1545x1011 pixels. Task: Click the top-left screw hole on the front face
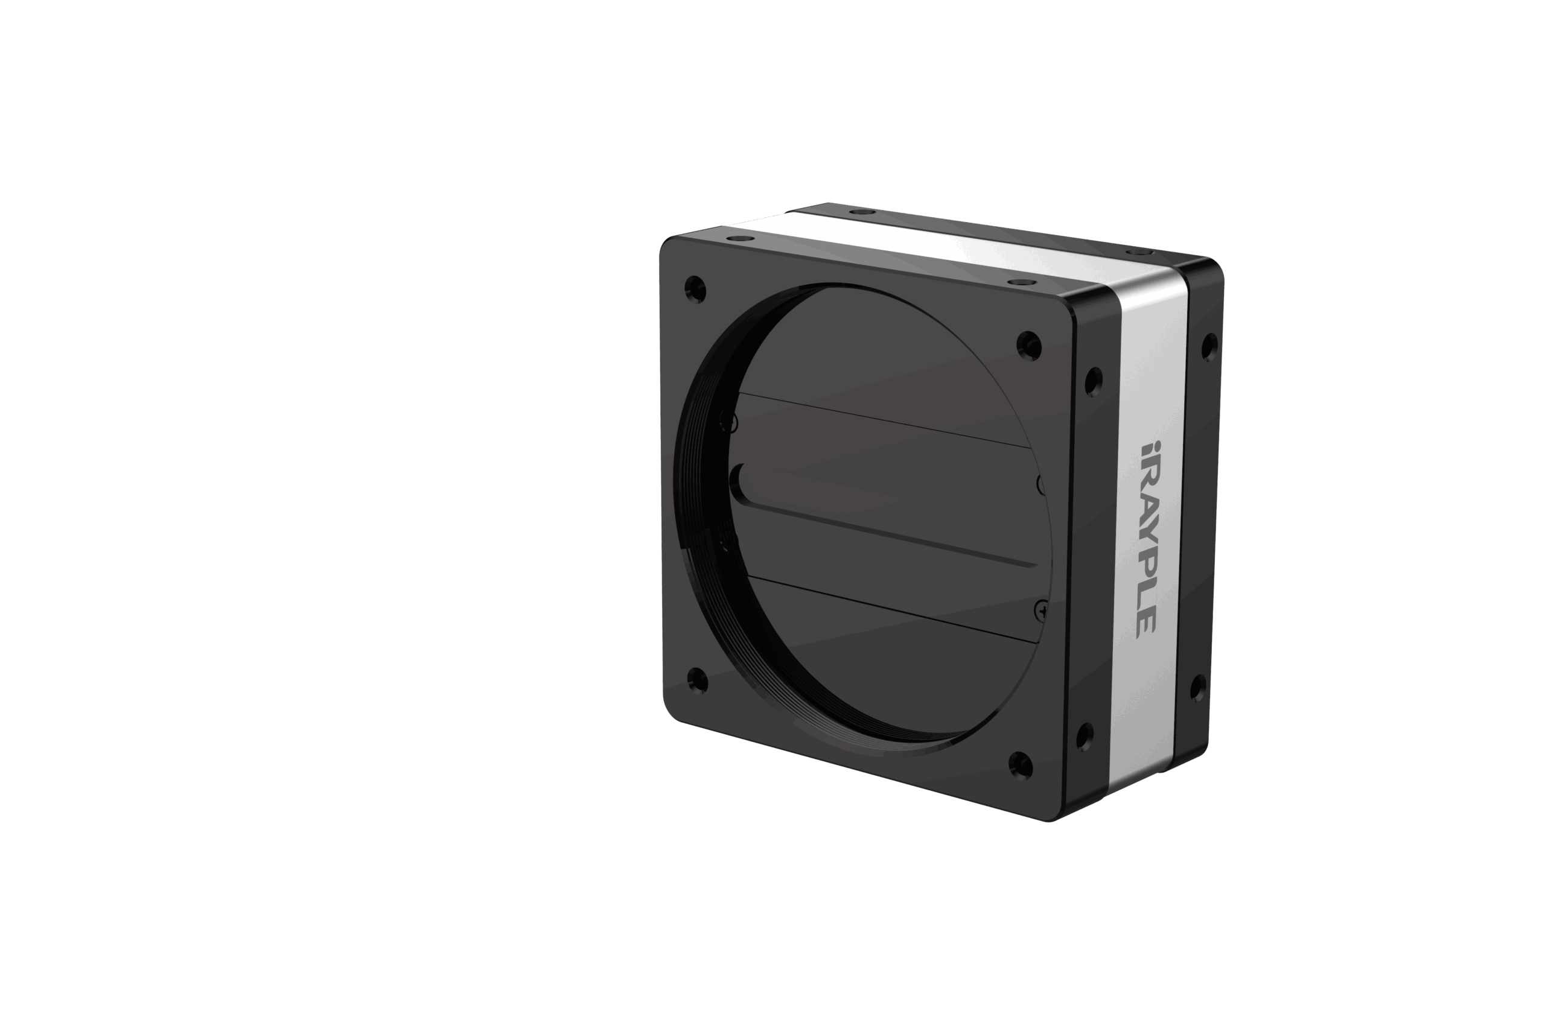[x=695, y=289]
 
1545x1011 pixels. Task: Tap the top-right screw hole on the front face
[x=1029, y=344]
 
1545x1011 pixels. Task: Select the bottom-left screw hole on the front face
[x=697, y=680]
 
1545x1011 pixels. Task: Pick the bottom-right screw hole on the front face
[x=1021, y=765]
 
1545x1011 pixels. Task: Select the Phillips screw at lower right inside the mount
[x=1040, y=610]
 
